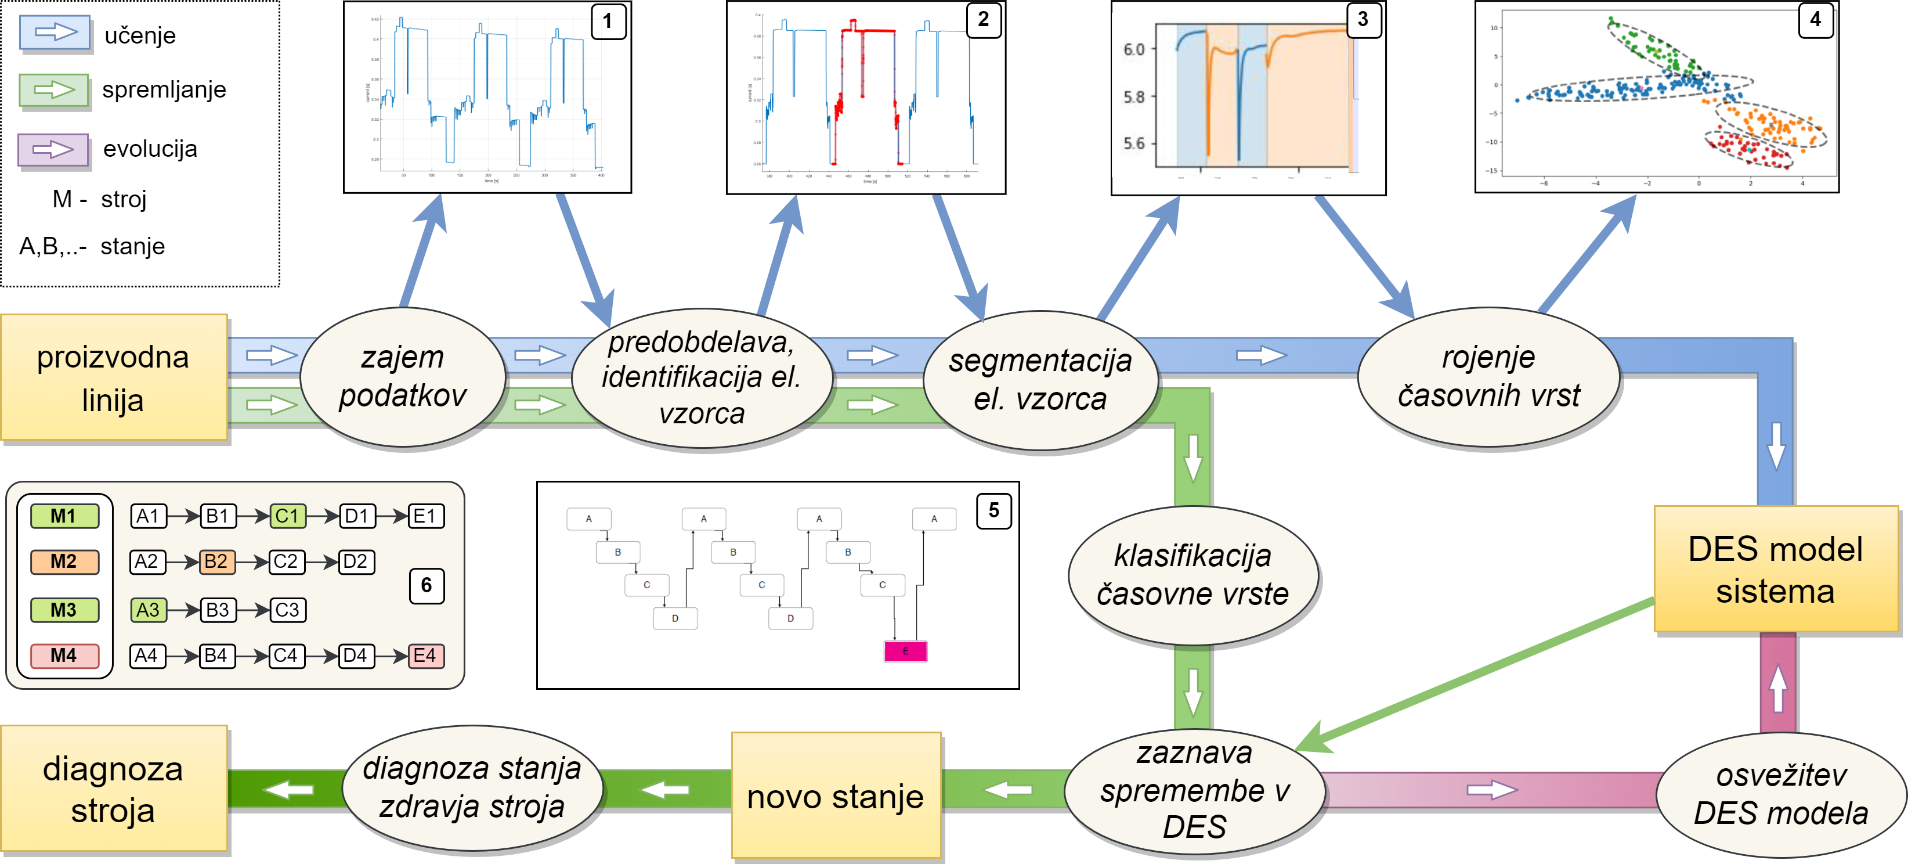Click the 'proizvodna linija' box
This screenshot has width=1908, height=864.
pos(113,378)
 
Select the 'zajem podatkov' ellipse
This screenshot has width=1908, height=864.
pos(402,376)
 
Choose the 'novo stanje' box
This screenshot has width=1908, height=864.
pos(836,796)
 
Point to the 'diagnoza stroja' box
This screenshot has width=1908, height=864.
pos(113,789)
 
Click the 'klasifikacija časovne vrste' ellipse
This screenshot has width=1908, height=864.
pos(1192,574)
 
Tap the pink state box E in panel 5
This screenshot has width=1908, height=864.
pos(905,651)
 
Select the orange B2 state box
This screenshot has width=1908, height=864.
pos(216,561)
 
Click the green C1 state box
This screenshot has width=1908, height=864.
pos(287,516)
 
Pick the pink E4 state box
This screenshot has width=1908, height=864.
pos(425,656)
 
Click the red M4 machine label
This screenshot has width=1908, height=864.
pos(64,656)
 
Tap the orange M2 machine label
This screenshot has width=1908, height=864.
pos(64,561)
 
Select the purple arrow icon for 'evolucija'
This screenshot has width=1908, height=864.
pos(53,149)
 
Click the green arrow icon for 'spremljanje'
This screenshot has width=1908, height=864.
pos(53,91)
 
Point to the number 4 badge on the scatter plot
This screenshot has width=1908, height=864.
pos(1815,19)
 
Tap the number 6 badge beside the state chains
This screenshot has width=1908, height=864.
pos(426,585)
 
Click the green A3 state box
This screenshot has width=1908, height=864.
pos(147,610)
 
